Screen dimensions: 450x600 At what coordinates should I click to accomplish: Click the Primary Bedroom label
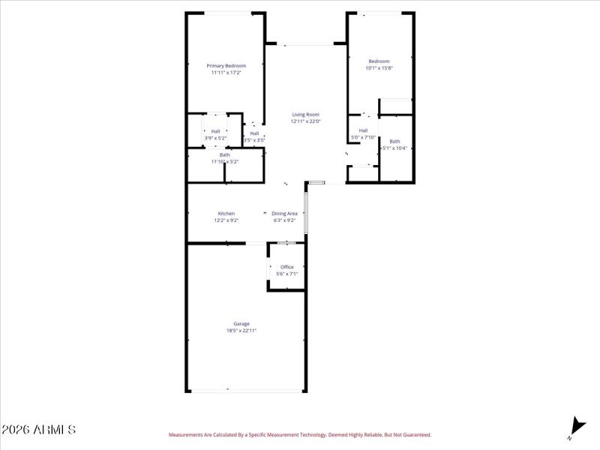coord(226,66)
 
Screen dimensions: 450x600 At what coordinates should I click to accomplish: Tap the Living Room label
coord(305,115)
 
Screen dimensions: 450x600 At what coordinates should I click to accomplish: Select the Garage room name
coord(241,324)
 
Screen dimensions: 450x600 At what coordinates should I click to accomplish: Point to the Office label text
coord(286,267)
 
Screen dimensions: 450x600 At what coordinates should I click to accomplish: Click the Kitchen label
coord(226,214)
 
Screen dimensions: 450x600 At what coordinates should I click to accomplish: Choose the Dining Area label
coord(284,214)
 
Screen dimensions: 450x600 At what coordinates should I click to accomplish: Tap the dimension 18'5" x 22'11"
coord(241,331)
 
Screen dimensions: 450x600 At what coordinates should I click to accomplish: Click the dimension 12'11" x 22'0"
coord(305,121)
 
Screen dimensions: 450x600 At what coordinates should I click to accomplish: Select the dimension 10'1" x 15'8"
coord(379,68)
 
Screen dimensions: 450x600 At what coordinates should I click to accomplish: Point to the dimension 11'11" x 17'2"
coord(226,73)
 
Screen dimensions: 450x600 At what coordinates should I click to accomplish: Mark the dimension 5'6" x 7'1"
coord(286,274)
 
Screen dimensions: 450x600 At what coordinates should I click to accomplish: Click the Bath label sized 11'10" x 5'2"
coord(225,154)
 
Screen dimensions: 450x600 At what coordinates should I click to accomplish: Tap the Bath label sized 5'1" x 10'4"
coord(394,142)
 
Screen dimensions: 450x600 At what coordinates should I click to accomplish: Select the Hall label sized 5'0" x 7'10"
coord(363,130)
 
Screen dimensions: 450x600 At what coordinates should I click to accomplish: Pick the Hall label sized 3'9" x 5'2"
coord(215,131)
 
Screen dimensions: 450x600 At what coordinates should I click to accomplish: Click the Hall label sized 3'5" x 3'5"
coord(254,133)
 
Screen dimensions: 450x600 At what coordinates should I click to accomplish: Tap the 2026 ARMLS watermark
coord(38,430)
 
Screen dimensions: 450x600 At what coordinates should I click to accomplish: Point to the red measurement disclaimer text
coord(299,434)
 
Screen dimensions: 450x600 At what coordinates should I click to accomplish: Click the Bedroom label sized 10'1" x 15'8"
coord(379,61)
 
